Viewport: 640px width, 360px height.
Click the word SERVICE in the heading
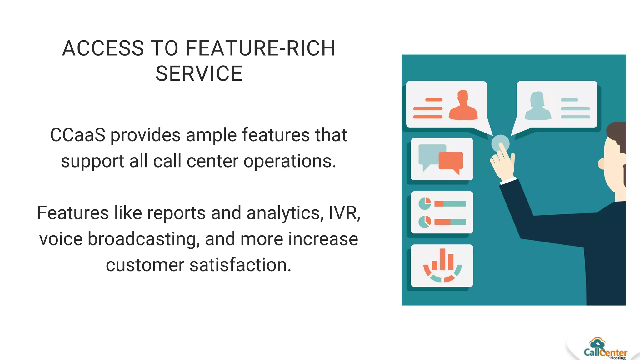click(199, 74)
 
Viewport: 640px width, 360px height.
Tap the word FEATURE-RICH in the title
click(261, 48)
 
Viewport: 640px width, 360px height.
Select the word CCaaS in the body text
click(77, 135)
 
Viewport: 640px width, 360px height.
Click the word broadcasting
click(144, 239)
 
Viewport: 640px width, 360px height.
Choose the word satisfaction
click(240, 265)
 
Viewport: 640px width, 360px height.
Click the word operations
click(290, 161)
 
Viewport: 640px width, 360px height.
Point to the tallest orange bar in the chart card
click(442, 259)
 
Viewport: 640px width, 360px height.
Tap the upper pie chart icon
click(425, 204)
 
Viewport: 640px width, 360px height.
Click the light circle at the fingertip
click(500, 143)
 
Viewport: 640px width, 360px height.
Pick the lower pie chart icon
click(425, 222)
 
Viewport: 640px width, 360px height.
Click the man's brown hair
click(617, 131)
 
